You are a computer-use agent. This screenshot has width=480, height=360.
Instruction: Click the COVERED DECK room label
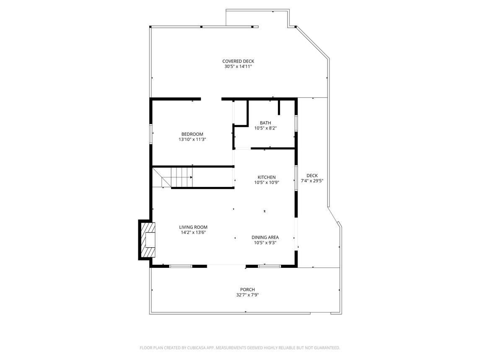(x=238, y=61)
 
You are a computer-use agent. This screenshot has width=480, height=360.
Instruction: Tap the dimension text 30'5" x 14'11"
(x=238, y=67)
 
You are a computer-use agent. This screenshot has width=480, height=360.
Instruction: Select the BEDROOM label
(x=192, y=134)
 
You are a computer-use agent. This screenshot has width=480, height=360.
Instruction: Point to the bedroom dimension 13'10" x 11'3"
(x=192, y=139)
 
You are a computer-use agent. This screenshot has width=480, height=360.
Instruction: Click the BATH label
(x=265, y=123)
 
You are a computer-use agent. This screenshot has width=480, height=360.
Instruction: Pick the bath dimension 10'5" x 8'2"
(x=265, y=128)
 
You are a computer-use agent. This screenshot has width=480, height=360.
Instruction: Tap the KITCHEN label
(x=267, y=177)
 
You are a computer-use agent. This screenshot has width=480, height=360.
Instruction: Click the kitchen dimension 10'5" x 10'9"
(x=267, y=182)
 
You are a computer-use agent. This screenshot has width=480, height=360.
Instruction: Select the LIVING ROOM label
(x=193, y=227)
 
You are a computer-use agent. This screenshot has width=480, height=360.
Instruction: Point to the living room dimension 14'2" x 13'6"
(x=193, y=232)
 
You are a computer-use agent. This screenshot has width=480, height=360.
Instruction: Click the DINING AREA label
(x=265, y=237)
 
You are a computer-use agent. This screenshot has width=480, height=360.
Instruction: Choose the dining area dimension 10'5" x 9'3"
(x=265, y=243)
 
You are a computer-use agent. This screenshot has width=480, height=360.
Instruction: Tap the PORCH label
(x=247, y=290)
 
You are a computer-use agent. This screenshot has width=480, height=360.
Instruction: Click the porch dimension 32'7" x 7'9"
(x=247, y=295)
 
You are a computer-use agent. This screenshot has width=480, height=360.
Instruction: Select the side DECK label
(x=312, y=176)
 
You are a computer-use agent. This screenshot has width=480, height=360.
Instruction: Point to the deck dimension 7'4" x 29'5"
(x=312, y=181)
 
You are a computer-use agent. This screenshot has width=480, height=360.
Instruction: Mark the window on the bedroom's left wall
(x=150, y=134)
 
